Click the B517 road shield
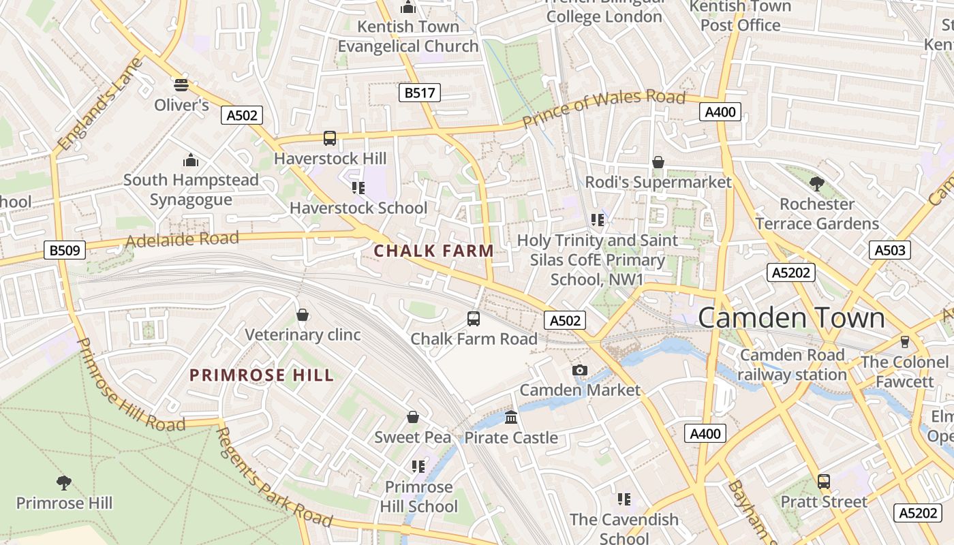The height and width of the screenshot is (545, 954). pos(419,93)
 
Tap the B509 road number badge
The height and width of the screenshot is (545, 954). pos(65,250)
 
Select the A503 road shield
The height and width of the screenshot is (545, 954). pos(890,250)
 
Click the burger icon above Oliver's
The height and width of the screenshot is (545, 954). pos(181,84)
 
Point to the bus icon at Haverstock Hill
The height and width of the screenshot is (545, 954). pos(330,138)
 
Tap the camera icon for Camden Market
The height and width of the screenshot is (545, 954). pos(580,370)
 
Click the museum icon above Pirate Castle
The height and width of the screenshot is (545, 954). pos(511,417)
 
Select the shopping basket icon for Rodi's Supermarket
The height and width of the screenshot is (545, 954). pos(658,162)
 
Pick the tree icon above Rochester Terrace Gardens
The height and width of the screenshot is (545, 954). pos(816,183)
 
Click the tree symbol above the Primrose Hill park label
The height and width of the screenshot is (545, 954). pos(64,483)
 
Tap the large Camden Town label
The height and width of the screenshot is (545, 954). pos(791,318)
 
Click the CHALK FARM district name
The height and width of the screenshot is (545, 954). pos(434,251)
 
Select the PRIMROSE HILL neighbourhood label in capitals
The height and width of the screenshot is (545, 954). pos(262,375)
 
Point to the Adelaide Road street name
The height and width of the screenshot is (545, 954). pos(182,240)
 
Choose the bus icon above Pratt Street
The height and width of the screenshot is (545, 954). pos(824,482)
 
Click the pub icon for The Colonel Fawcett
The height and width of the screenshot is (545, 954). pos(905,341)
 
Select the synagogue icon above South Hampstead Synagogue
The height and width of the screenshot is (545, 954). pos(191,160)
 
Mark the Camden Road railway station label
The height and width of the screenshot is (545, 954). pos(792,364)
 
